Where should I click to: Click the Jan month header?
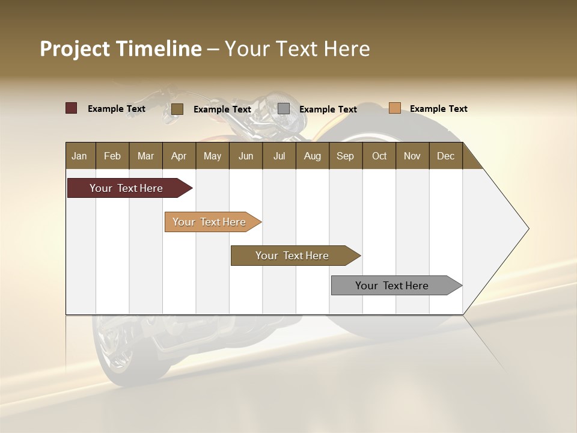[79, 156]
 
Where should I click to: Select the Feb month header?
[112, 156]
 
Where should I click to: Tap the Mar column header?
[145, 156]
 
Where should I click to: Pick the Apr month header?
[179, 156]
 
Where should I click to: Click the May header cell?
[212, 156]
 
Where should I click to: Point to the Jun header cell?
[246, 156]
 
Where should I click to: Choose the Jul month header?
[279, 156]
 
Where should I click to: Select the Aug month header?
[312, 156]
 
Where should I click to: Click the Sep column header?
[345, 156]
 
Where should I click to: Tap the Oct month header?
[379, 156]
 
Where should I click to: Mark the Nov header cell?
[412, 156]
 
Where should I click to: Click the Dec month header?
[445, 156]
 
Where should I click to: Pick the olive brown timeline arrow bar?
[293, 256]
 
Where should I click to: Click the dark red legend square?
[71, 108]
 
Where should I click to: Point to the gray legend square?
[284, 109]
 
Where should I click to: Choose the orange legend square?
[394, 108]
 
